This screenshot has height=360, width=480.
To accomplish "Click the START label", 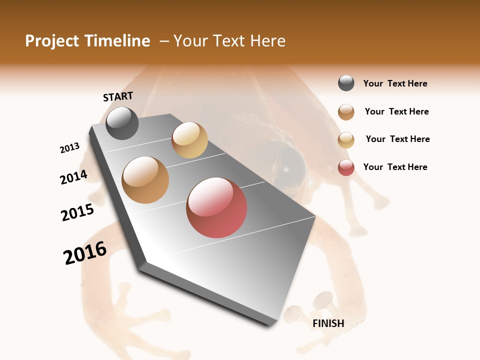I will click(118, 96).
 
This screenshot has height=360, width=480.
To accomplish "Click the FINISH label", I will click(328, 323).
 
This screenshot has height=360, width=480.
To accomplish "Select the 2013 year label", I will click(70, 148).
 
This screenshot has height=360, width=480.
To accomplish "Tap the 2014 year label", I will click(73, 177).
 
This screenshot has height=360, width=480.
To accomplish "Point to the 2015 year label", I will click(77, 213).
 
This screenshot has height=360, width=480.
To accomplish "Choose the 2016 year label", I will click(85, 253).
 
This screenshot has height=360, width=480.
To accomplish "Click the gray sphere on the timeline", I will click(122, 123).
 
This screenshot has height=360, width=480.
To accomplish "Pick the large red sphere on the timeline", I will click(216, 207).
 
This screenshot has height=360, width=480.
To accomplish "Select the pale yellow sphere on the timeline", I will click(189, 140).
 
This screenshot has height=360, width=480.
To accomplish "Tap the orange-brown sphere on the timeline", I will click(145, 180).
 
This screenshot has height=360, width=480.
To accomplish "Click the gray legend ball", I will click(346, 83).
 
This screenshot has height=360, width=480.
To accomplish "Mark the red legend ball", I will click(346, 167).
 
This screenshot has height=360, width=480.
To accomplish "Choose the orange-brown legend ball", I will click(346, 112).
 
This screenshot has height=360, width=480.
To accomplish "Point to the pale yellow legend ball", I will click(346, 140).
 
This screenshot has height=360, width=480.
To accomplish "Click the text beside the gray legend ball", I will click(395, 84).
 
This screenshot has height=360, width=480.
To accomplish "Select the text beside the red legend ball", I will click(395, 167).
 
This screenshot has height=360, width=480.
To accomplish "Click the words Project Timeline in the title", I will click(87, 41).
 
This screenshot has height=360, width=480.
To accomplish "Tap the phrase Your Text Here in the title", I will click(229, 41).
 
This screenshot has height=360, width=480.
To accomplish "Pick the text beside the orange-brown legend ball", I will click(396, 111).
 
